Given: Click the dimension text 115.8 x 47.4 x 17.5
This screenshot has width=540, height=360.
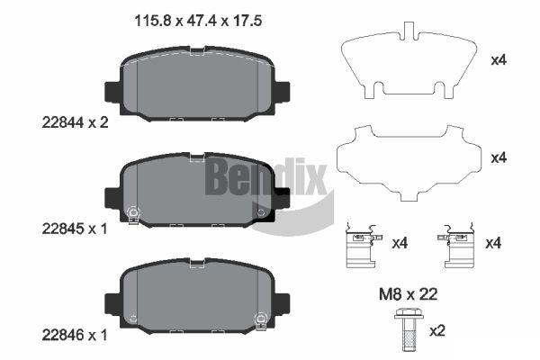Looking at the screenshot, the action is [x=198, y=21].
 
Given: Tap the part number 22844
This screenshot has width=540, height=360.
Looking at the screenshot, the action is [x=63, y=122].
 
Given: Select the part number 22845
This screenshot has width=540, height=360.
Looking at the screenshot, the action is [x=63, y=229].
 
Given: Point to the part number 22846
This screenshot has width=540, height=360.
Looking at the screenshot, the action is [x=63, y=335].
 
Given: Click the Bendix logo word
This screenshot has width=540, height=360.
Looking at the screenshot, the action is [x=265, y=177].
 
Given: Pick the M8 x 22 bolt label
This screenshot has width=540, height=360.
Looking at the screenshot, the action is [x=408, y=294].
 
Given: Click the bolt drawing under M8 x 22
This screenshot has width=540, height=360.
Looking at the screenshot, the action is [x=407, y=329].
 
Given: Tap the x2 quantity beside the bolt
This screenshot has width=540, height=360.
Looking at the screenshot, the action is [x=437, y=331].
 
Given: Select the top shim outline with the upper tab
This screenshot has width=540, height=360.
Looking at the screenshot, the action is [x=409, y=61].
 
